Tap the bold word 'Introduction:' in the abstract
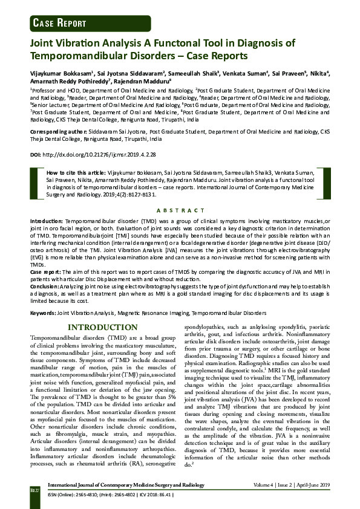[x=46, y=222]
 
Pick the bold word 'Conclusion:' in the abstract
[x=45, y=286]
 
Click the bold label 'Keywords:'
[x=43, y=314]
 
